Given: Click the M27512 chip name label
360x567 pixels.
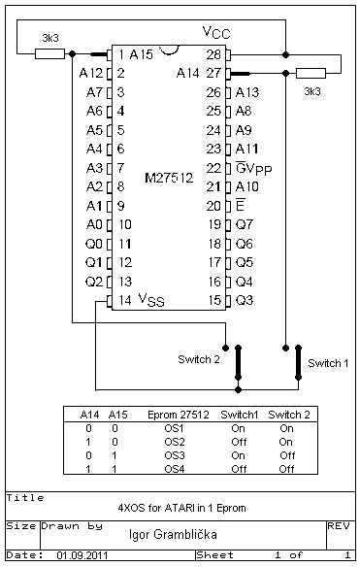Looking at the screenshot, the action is click(x=169, y=178).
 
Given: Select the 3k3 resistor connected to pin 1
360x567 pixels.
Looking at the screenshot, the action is click(x=49, y=53).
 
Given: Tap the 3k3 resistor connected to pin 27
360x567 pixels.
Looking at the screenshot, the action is click(x=311, y=74).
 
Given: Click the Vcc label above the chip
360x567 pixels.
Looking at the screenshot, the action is click(x=216, y=33).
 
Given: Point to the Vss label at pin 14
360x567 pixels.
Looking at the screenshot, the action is click(x=151, y=300).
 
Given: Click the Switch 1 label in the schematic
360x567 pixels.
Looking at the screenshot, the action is click(x=328, y=363).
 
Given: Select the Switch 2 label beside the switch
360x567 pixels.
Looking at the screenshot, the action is click(x=198, y=359).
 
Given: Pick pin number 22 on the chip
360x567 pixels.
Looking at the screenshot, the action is click(x=213, y=168).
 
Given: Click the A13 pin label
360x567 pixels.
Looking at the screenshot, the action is click(x=247, y=92).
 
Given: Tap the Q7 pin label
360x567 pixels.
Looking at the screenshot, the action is click(x=245, y=224).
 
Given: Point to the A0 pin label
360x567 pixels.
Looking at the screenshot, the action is click(x=94, y=224).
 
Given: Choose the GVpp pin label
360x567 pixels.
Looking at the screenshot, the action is click(x=253, y=169).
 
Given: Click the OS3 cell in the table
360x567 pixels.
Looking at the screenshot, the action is click(x=175, y=455).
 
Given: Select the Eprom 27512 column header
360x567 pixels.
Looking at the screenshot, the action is click(x=179, y=415).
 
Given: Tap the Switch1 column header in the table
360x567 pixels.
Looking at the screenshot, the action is click(x=240, y=415).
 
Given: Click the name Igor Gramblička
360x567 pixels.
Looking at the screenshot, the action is click(x=173, y=534).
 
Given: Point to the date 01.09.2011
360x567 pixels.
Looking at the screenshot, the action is click(x=82, y=555).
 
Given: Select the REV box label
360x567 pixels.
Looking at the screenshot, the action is click(x=339, y=526).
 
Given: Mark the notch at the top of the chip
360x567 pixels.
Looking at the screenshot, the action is click(x=169, y=50).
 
